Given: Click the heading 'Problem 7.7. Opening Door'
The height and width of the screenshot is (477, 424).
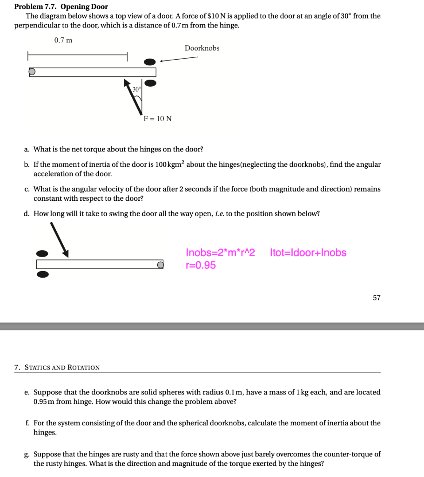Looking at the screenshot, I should pyautogui.click(x=61, y=7).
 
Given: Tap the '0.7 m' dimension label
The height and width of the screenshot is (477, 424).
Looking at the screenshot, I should pyautogui.click(x=63, y=40).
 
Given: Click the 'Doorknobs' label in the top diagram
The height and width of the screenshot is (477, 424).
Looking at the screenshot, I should pyautogui.click(x=202, y=48).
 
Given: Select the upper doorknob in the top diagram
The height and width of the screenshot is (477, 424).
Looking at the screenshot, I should pyautogui.click(x=150, y=61).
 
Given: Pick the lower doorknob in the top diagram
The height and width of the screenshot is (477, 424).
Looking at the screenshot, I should pyautogui.click(x=150, y=83).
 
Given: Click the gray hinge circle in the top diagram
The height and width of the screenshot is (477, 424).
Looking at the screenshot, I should pyautogui.click(x=32, y=72).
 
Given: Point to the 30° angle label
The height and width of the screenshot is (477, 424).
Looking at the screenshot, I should pyautogui.click(x=136, y=89).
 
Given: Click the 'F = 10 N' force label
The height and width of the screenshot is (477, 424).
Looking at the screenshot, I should pyautogui.click(x=157, y=118).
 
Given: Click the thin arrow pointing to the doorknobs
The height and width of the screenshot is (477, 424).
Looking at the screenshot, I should pyautogui.click(x=179, y=59).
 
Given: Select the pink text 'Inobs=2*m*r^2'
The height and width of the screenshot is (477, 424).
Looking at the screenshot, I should pyautogui.click(x=221, y=253).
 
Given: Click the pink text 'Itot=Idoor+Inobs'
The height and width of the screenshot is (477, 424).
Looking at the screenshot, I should pyautogui.click(x=308, y=253).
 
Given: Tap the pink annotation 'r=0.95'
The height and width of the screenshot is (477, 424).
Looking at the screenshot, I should pyautogui.click(x=201, y=266).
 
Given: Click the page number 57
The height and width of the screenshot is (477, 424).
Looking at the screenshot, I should pyautogui.click(x=377, y=298).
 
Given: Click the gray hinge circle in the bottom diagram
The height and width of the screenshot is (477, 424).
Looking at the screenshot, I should pyautogui.click(x=160, y=265).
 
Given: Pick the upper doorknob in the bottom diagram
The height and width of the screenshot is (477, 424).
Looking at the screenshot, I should pyautogui.click(x=42, y=253).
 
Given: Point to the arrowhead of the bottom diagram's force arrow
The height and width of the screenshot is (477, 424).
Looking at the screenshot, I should pyautogui.click(x=66, y=253).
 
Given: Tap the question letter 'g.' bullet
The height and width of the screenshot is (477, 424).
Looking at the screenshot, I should pyautogui.click(x=27, y=454).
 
